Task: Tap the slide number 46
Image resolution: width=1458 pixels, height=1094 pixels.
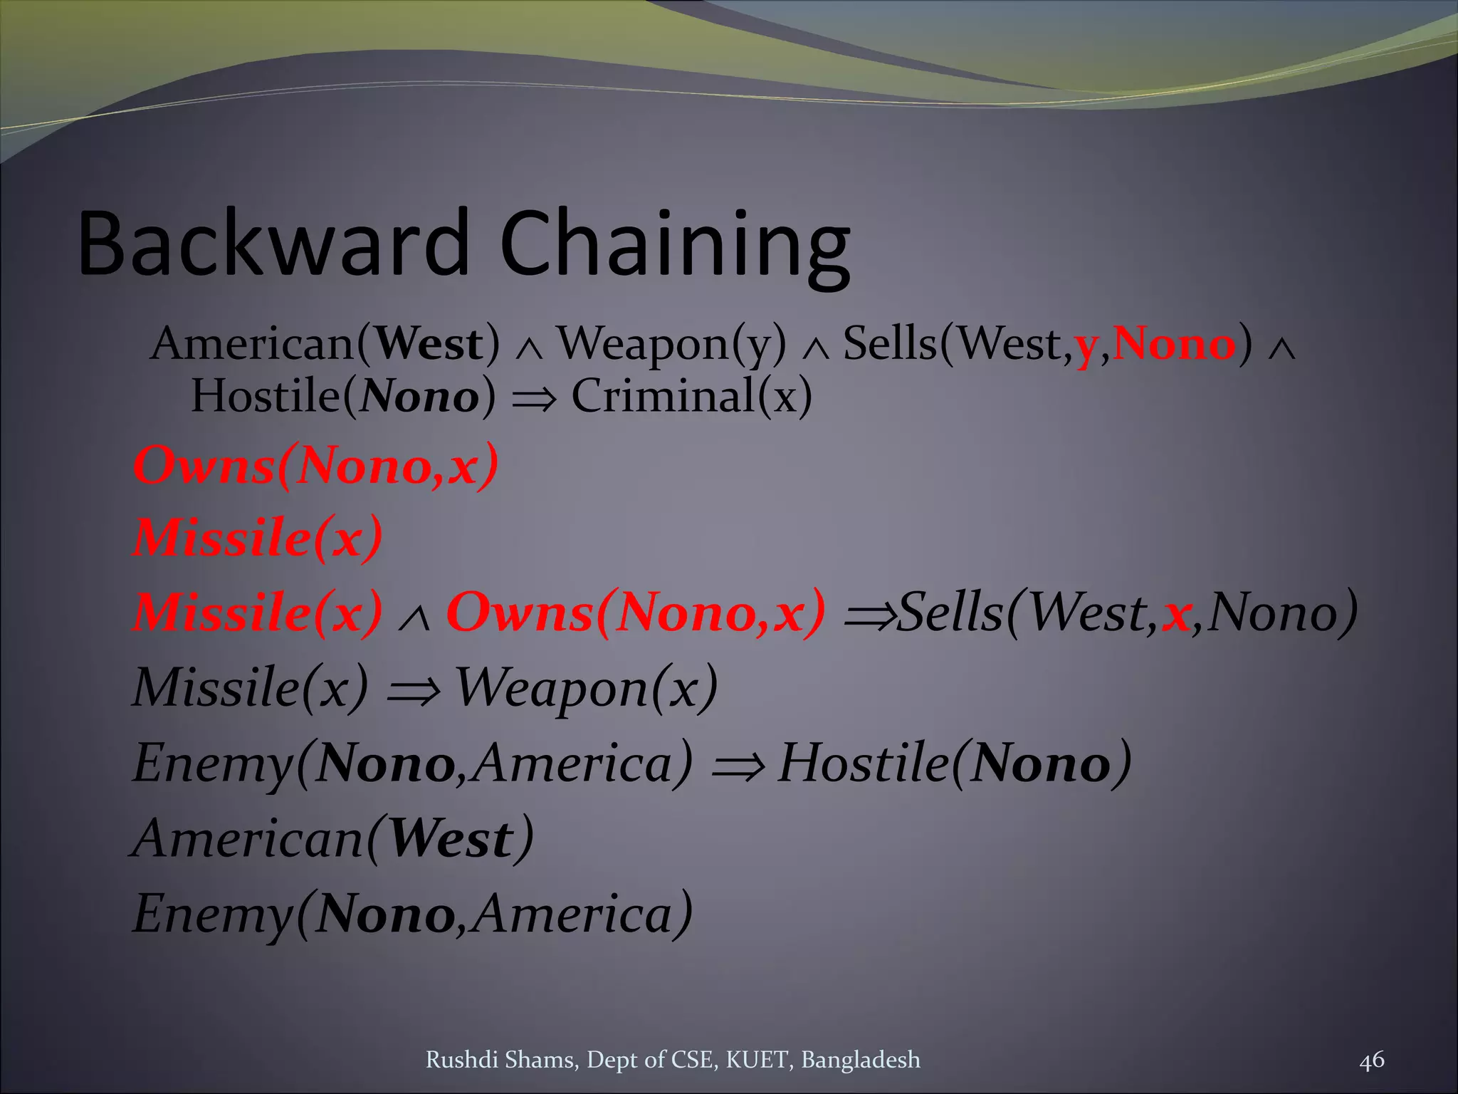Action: [1371, 1060]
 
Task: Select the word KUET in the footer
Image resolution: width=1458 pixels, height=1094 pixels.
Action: [757, 1060]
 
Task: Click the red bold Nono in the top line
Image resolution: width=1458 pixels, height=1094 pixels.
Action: [1174, 344]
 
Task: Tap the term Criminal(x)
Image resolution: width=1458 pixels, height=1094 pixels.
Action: [691, 396]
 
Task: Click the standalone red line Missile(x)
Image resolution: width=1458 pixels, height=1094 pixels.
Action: [258, 538]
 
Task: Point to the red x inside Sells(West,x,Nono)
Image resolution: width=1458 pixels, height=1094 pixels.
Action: [1177, 614]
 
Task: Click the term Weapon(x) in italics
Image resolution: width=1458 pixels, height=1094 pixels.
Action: [586, 688]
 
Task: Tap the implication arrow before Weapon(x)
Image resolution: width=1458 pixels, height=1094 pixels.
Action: [413, 690]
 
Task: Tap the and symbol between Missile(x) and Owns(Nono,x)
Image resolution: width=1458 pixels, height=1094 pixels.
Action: [414, 618]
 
